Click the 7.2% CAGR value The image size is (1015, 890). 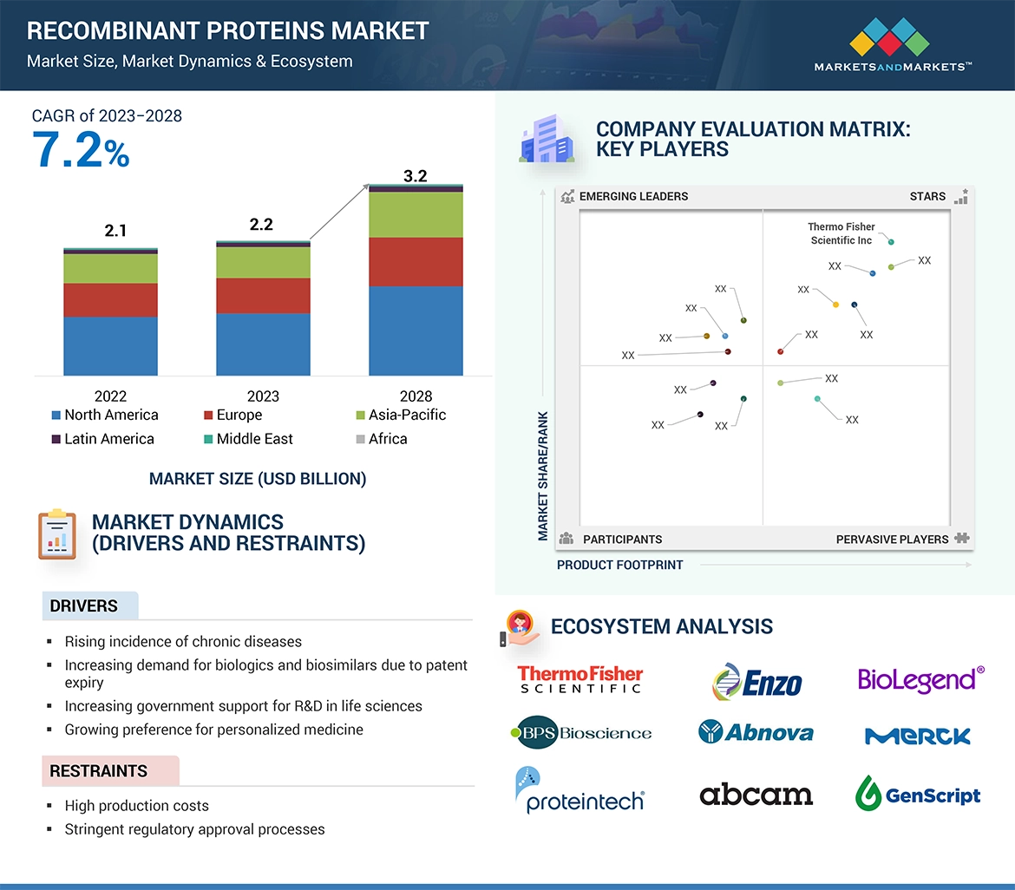81,150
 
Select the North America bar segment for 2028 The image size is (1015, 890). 416,330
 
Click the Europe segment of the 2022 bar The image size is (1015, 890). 110,300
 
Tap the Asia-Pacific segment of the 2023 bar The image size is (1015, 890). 263,263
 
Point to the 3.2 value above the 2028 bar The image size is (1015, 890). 416,176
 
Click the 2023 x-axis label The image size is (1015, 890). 263,396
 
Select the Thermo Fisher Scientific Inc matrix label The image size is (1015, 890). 841,233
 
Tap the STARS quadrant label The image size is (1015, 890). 927,196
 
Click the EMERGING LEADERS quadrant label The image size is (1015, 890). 633,196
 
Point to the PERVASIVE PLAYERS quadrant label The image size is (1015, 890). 892,539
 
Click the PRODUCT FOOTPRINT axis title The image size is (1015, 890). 619,565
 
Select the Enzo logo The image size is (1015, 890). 756,682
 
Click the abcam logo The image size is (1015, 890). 756,794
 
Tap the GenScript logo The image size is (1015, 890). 918,794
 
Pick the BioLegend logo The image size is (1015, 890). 920,679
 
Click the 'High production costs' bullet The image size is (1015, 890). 136,806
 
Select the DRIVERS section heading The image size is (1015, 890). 83,605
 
